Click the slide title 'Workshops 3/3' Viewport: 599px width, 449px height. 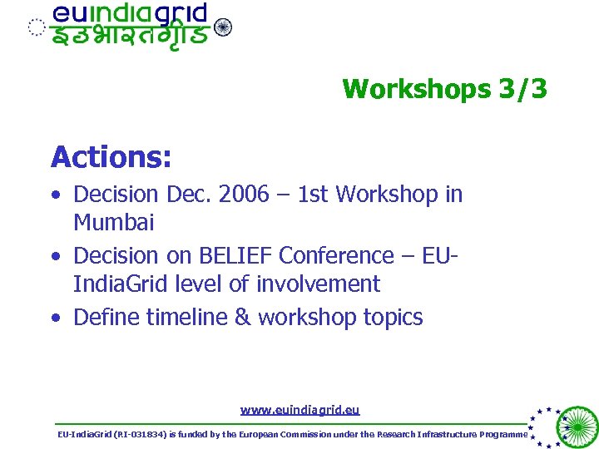coord(444,89)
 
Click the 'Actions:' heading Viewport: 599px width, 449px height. coord(111,156)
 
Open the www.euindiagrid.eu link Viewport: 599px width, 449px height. coord(299,409)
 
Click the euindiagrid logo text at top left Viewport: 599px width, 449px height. coord(129,15)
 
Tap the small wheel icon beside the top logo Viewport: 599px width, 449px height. coord(223,27)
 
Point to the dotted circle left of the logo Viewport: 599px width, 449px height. coord(35,27)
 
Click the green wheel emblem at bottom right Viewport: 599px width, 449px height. coord(576,426)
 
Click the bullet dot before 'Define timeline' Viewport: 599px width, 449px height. coord(55,318)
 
